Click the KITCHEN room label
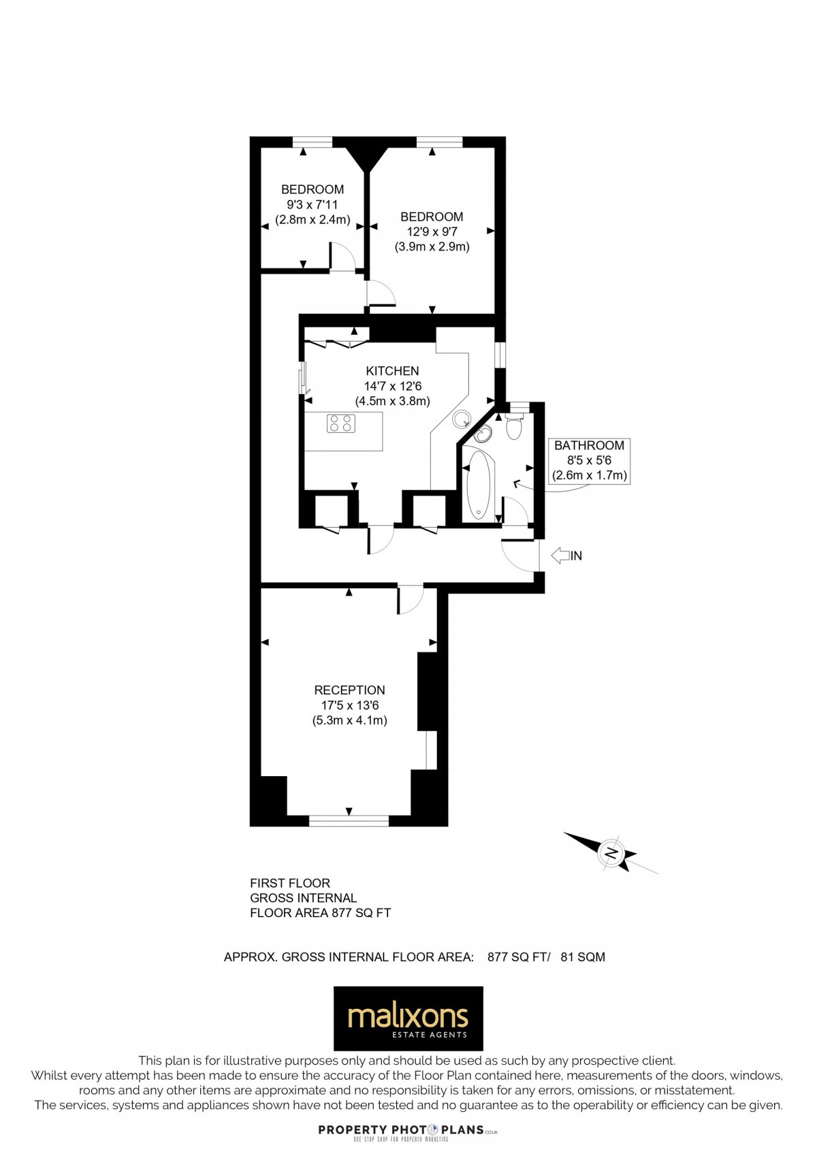392,371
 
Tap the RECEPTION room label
349,690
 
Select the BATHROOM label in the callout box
589,445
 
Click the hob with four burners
341,423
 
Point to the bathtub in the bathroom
479,484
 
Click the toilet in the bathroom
514,427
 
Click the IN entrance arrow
566,556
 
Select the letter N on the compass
611,852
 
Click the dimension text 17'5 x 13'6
349,705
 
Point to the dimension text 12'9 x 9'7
432,231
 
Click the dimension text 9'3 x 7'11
313,204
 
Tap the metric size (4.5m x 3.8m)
392,401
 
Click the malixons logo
408,1018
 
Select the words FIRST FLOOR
290,883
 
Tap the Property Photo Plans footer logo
408,1130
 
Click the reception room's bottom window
349,821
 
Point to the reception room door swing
411,599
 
